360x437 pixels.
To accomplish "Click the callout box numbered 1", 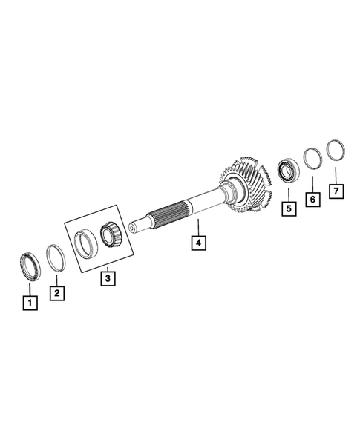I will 29,303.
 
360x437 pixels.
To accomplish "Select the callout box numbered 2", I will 57,292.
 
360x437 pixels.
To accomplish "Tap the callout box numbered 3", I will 108,278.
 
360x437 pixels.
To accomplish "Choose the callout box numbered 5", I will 287,208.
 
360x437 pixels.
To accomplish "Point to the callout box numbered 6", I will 312,200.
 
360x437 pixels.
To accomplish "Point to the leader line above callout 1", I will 30,289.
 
